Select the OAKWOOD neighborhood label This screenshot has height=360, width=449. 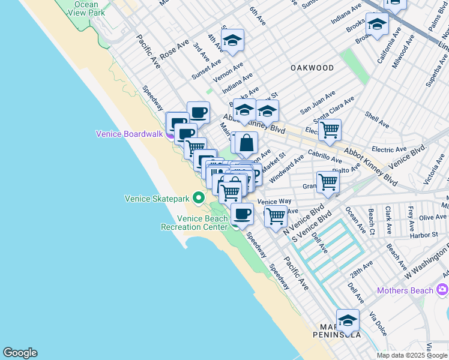point(312,68)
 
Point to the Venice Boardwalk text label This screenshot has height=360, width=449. point(129,134)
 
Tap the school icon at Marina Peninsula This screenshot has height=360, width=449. point(348,320)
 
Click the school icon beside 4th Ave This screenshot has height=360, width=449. point(232,41)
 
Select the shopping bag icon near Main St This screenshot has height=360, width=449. point(246,143)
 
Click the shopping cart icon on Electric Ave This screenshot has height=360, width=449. point(330,130)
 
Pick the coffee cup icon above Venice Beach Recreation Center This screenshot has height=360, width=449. point(242,214)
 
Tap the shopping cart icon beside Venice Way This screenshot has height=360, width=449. point(276,215)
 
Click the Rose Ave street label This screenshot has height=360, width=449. point(175,49)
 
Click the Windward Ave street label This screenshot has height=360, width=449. point(286,170)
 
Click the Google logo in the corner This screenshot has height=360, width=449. point(20,353)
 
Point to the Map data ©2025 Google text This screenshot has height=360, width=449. point(412,355)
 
